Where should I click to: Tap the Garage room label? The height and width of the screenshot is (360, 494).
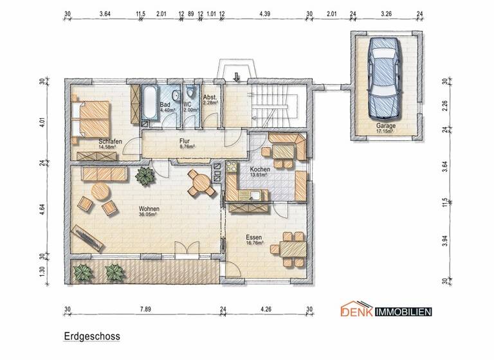click(x=387, y=127)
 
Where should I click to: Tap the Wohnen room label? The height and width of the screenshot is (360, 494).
click(x=149, y=210)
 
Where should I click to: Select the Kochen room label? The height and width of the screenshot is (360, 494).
click(x=259, y=169)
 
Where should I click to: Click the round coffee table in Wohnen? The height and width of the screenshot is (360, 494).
click(x=100, y=192)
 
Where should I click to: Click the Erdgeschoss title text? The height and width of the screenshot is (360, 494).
click(x=91, y=336)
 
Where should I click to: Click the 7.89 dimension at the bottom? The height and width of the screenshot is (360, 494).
click(x=145, y=309)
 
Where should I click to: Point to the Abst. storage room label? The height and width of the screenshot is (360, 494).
click(x=211, y=98)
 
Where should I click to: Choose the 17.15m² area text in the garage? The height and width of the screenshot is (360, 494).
click(x=387, y=132)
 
